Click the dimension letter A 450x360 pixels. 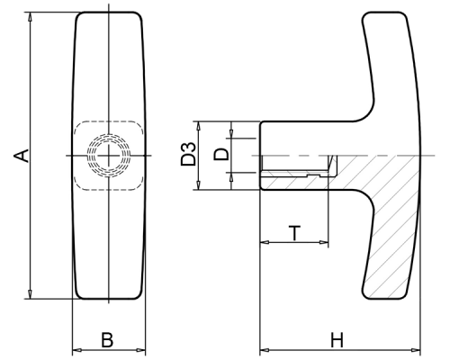[22, 156]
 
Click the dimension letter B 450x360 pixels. [107, 340]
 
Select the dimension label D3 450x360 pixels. [188, 155]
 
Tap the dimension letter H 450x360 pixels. [337, 340]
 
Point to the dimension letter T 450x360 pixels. [294, 233]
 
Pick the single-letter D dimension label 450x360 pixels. [221, 155]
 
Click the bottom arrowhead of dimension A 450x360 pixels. [30, 294]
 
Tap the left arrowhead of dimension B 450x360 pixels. [77, 350]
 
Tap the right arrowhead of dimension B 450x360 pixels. [141, 350]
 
